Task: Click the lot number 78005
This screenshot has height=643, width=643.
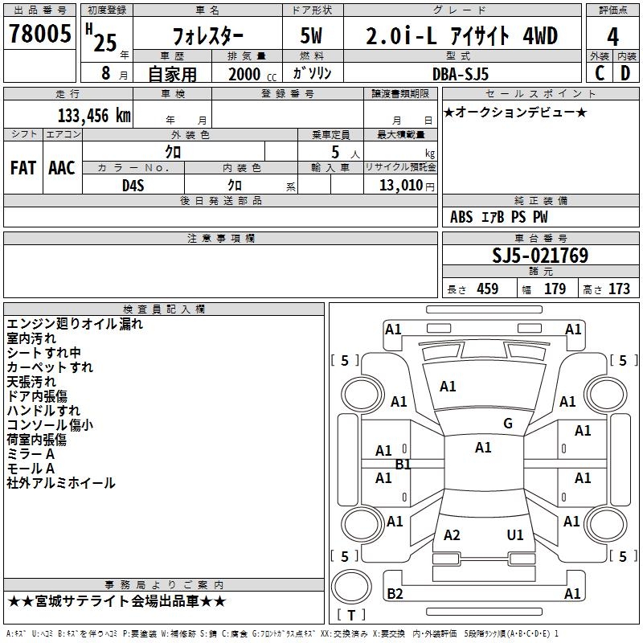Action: pyautogui.click(x=38, y=35)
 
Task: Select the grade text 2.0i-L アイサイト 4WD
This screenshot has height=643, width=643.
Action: pyautogui.click(x=461, y=36)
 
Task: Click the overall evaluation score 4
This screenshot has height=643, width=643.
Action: pyautogui.click(x=613, y=37)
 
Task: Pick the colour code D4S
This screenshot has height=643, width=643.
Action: pyautogui.click(x=133, y=185)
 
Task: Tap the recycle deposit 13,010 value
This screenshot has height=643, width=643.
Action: pyautogui.click(x=399, y=186)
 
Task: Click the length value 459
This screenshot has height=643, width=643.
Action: pyautogui.click(x=487, y=289)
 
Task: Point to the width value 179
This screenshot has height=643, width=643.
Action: pyautogui.click(x=555, y=289)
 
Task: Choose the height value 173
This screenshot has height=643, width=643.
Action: pyautogui.click(x=619, y=289)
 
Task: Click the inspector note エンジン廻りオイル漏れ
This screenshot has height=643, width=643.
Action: pyautogui.click(x=75, y=324)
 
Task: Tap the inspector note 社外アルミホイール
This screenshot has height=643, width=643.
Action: pyautogui.click(x=61, y=483)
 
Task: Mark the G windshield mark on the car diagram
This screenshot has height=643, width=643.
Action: pyautogui.click(x=508, y=424)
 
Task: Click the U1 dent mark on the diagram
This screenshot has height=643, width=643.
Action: pyautogui.click(x=515, y=534)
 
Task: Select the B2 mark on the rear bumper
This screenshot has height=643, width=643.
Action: pyautogui.click(x=395, y=594)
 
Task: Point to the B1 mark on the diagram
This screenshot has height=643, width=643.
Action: pyautogui.click(x=403, y=465)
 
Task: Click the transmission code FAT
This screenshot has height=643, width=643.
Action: pyautogui.click(x=23, y=168)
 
